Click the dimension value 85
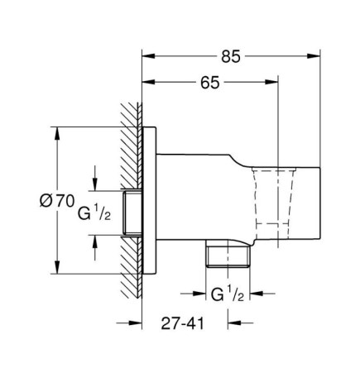(x=231, y=56)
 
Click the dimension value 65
(x=210, y=83)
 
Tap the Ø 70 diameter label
(x=57, y=200)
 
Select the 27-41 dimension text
(x=182, y=323)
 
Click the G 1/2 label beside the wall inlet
(x=94, y=213)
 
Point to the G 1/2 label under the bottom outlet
(x=228, y=294)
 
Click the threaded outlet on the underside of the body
(x=228, y=253)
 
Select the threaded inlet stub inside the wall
(x=132, y=213)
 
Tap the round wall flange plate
(x=149, y=200)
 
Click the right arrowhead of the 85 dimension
(x=314, y=56)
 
